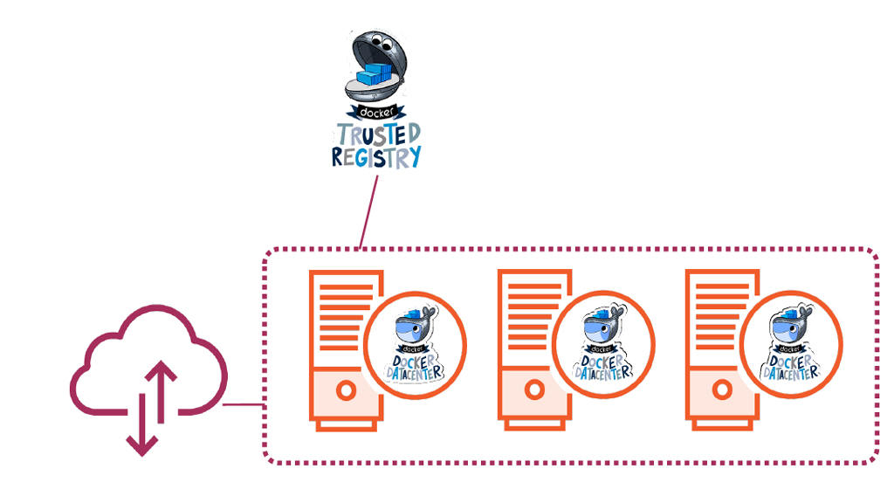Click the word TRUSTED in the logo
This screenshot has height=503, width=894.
[x=377, y=134]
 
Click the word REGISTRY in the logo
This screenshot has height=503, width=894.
[x=376, y=156]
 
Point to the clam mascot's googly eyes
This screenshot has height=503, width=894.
[x=367, y=43]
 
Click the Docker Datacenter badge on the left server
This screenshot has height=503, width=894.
[x=415, y=344]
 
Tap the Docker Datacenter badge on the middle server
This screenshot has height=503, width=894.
[x=602, y=344]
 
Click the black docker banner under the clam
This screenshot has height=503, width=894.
[x=375, y=113]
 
